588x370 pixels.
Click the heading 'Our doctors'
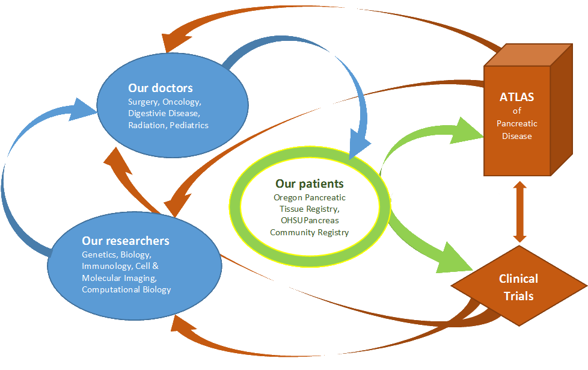click(x=161, y=88)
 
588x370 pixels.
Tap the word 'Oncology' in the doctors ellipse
click(x=182, y=102)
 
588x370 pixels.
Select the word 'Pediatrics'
click(x=189, y=125)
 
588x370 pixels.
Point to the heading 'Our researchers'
click(x=126, y=241)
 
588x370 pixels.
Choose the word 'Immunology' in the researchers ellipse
click(x=103, y=266)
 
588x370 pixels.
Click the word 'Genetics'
click(x=99, y=254)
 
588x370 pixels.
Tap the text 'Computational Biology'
click(x=126, y=289)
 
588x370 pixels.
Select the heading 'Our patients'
click(x=310, y=183)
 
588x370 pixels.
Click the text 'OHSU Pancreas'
click(x=310, y=220)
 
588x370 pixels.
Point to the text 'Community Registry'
click(x=310, y=232)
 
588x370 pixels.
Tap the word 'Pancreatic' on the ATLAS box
click(x=517, y=123)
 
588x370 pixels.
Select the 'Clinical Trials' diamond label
click(x=518, y=287)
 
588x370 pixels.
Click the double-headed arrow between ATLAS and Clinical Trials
click(x=518, y=211)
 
